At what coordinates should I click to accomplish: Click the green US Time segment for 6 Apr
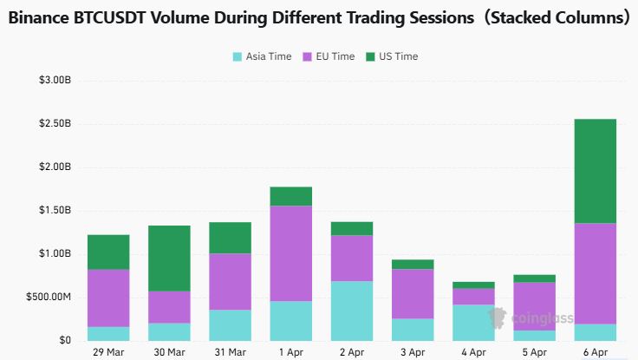(x=595, y=171)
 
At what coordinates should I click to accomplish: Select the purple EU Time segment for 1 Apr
(x=290, y=253)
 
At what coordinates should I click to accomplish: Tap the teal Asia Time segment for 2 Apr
(x=351, y=311)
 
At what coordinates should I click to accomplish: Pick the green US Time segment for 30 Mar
(x=169, y=259)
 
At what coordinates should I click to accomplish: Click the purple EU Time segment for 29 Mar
(x=108, y=298)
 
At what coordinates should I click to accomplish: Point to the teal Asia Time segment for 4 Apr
(x=472, y=322)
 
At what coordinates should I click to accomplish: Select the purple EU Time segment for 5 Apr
(x=533, y=306)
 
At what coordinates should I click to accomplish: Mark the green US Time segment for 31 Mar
(x=230, y=238)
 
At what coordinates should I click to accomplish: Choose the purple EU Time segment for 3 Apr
(x=412, y=293)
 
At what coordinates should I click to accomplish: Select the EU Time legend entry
(x=329, y=56)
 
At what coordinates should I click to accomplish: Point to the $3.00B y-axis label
(x=54, y=80)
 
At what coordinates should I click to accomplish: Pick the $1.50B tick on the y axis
(x=54, y=210)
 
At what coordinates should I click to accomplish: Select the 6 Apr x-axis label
(x=595, y=352)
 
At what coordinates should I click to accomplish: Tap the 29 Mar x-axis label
(x=108, y=352)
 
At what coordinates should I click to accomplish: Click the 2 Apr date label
(x=351, y=352)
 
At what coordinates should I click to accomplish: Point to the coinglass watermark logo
(x=531, y=318)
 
